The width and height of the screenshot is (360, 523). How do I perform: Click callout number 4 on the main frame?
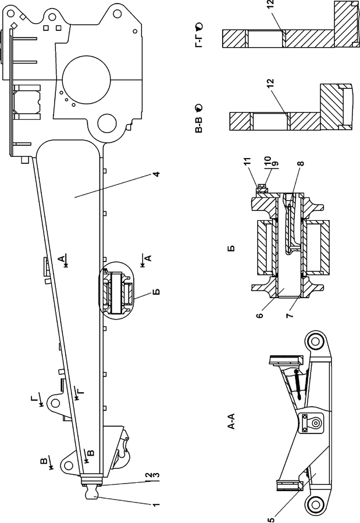pos(156,174)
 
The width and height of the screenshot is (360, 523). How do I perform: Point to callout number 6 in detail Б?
pos(261,314)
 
